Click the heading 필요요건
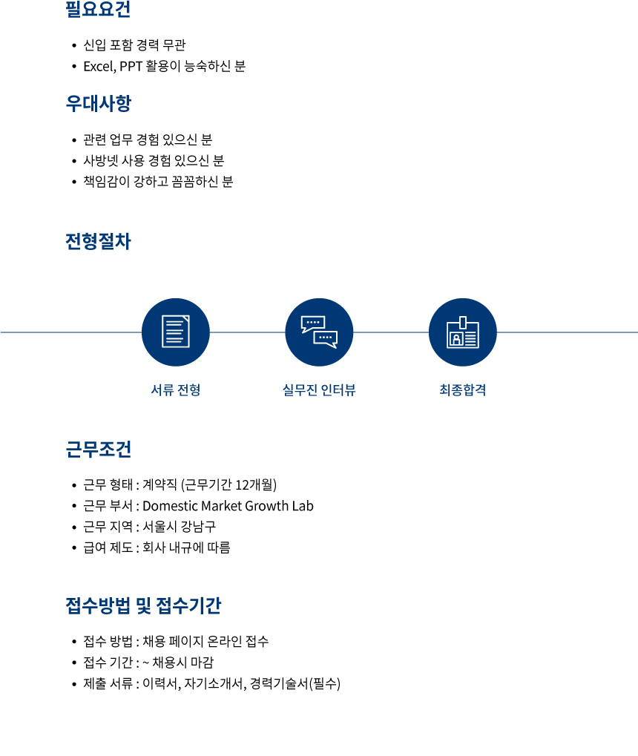pos(98,9)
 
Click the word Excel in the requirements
pos(99,66)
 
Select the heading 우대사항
pos(99,103)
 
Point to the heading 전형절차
pos(99,241)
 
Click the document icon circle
pos(176,332)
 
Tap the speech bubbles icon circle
pos(319,332)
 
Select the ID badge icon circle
pos(462,332)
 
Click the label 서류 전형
pos(176,389)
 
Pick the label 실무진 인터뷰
pos(319,389)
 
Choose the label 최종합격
pos(463,389)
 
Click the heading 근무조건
pos(99,449)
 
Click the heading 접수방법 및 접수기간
pos(143,605)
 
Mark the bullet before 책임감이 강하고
pos(73,182)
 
